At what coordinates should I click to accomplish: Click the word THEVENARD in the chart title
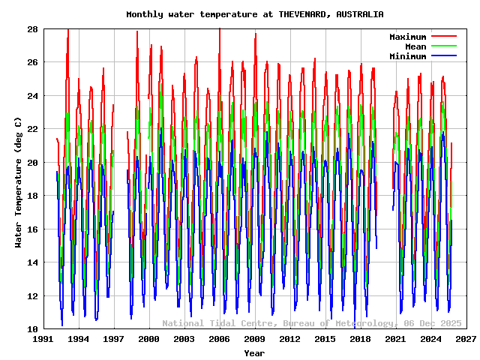(x=304, y=14)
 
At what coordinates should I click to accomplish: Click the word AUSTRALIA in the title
(x=360, y=14)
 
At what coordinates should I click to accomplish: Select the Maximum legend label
(x=407, y=37)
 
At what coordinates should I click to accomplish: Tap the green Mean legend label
(x=415, y=46)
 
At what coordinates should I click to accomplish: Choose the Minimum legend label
(x=407, y=56)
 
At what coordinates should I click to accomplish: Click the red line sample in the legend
(x=444, y=37)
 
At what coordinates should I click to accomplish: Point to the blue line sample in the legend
(x=444, y=56)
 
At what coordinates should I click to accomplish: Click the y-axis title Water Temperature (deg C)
(x=18, y=181)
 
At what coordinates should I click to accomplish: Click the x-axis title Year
(x=254, y=352)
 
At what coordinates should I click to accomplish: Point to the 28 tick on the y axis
(x=32, y=29)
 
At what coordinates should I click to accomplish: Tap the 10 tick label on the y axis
(x=32, y=329)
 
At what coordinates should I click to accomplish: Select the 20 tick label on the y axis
(x=32, y=163)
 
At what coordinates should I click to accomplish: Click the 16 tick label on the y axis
(x=32, y=229)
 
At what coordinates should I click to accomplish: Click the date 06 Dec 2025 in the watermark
(x=433, y=323)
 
